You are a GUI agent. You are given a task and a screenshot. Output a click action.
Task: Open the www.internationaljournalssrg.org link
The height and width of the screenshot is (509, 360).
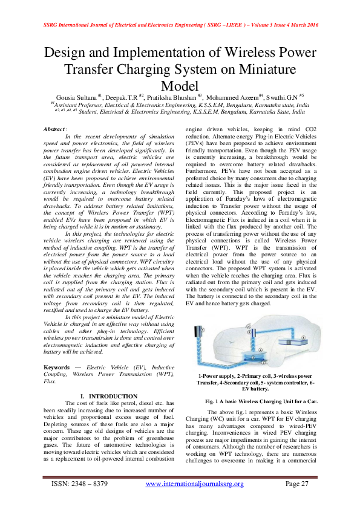pyautogui.click(x=195, y=484)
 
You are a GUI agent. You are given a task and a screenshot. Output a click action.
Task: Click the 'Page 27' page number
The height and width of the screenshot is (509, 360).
pyautogui.click(x=297, y=484)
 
